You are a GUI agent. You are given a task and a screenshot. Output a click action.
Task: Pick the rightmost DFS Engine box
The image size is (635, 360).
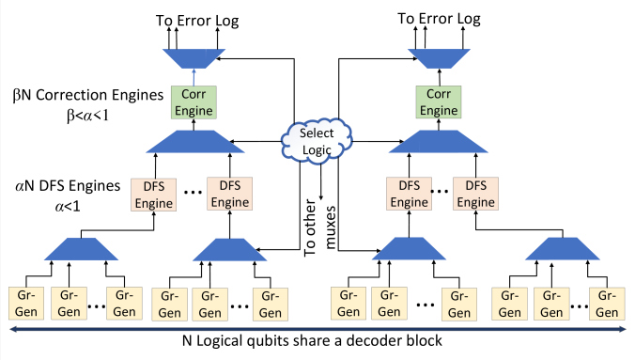pyautogui.click(x=475, y=194)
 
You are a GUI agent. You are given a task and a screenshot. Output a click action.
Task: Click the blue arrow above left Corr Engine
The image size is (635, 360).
pyautogui.click(x=194, y=77)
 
